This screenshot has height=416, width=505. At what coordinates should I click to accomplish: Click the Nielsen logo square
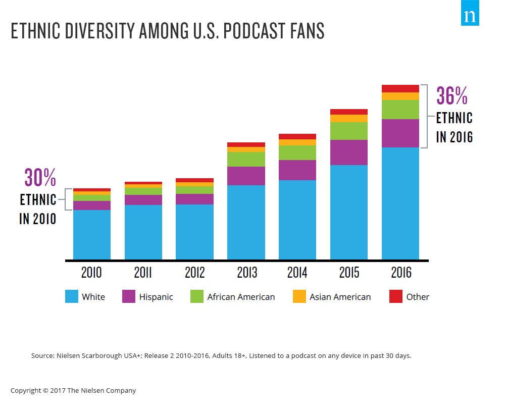tap(470, 16)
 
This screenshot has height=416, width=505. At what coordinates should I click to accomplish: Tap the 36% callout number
tap(452, 96)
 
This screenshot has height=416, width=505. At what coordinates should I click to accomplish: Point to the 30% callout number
tap(40, 178)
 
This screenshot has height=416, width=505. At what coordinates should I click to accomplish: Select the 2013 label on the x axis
tap(246, 273)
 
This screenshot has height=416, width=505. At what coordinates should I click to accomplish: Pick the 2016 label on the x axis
tap(400, 273)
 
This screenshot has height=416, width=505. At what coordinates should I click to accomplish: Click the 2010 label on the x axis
tap(91, 273)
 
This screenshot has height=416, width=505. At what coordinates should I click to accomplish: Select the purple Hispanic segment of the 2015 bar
tap(349, 152)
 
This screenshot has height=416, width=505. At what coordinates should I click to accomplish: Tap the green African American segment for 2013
tap(246, 159)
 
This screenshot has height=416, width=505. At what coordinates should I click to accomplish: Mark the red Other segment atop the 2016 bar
tap(400, 88)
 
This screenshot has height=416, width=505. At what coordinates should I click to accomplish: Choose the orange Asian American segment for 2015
tap(349, 118)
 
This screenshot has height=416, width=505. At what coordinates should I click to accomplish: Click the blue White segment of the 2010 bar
tap(91, 235)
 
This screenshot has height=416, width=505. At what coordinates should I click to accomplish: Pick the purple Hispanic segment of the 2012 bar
tap(194, 199)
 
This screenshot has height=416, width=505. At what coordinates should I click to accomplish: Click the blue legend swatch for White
tap(72, 297)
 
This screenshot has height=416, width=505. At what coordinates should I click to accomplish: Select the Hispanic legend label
tap(156, 297)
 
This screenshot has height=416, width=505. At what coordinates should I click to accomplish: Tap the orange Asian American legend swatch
tap(299, 297)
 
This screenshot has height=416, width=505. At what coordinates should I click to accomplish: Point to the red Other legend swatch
tap(396, 297)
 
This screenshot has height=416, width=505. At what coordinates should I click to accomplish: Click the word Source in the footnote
tap(42, 355)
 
